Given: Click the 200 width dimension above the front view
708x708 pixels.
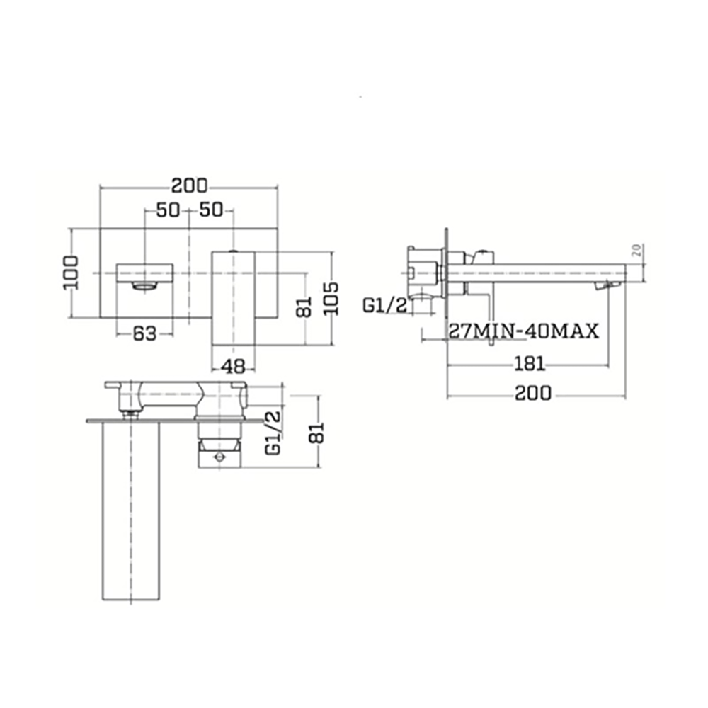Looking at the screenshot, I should click(x=189, y=186).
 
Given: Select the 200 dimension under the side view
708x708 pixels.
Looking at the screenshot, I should click(x=533, y=394).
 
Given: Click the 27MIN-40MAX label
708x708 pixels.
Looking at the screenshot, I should click(x=524, y=331).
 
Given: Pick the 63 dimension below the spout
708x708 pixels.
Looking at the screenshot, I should click(x=144, y=333).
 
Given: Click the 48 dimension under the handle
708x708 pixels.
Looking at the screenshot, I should click(x=234, y=366).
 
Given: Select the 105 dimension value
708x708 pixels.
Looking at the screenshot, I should click(x=333, y=298).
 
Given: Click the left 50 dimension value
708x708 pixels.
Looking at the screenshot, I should click(x=168, y=210).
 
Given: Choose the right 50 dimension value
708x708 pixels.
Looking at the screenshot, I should click(x=211, y=210).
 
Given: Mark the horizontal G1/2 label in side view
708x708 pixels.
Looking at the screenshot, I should click(x=385, y=305).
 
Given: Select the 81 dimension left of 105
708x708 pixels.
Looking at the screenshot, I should click(x=304, y=307).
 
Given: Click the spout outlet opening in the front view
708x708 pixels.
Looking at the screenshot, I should click(x=144, y=286).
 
